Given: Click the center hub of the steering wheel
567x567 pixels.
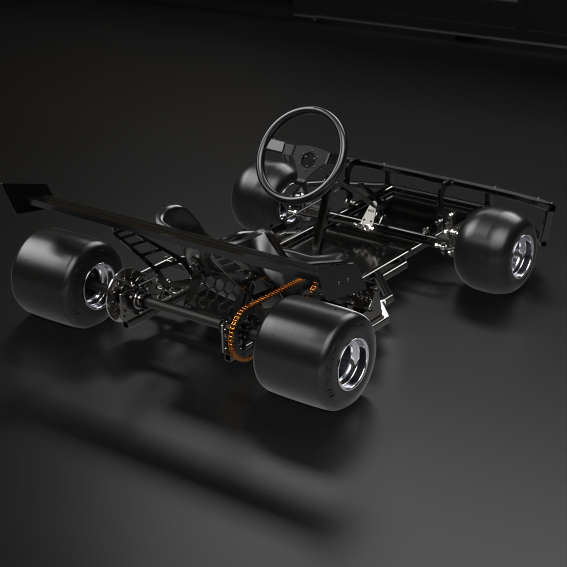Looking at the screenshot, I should pyautogui.click(x=309, y=159).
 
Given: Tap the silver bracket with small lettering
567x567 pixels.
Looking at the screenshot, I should pyautogui.click(x=369, y=215).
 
